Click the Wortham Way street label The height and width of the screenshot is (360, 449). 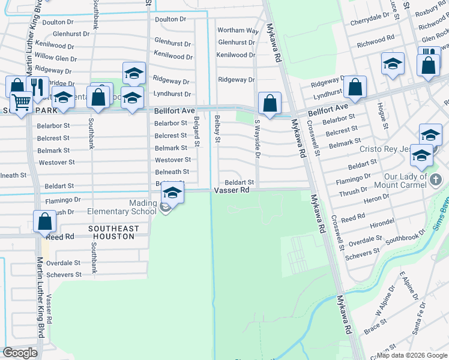point(238,30)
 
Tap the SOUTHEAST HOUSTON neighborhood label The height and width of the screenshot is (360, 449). point(113,232)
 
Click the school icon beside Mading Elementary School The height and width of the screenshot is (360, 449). point(172,193)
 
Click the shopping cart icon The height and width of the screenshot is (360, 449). point(21,103)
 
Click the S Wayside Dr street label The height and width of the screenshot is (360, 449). point(257,138)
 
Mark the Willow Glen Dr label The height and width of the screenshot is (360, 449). point(59,57)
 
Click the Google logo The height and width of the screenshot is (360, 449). point(20,353)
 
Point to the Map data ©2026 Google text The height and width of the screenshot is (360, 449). point(411,355)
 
